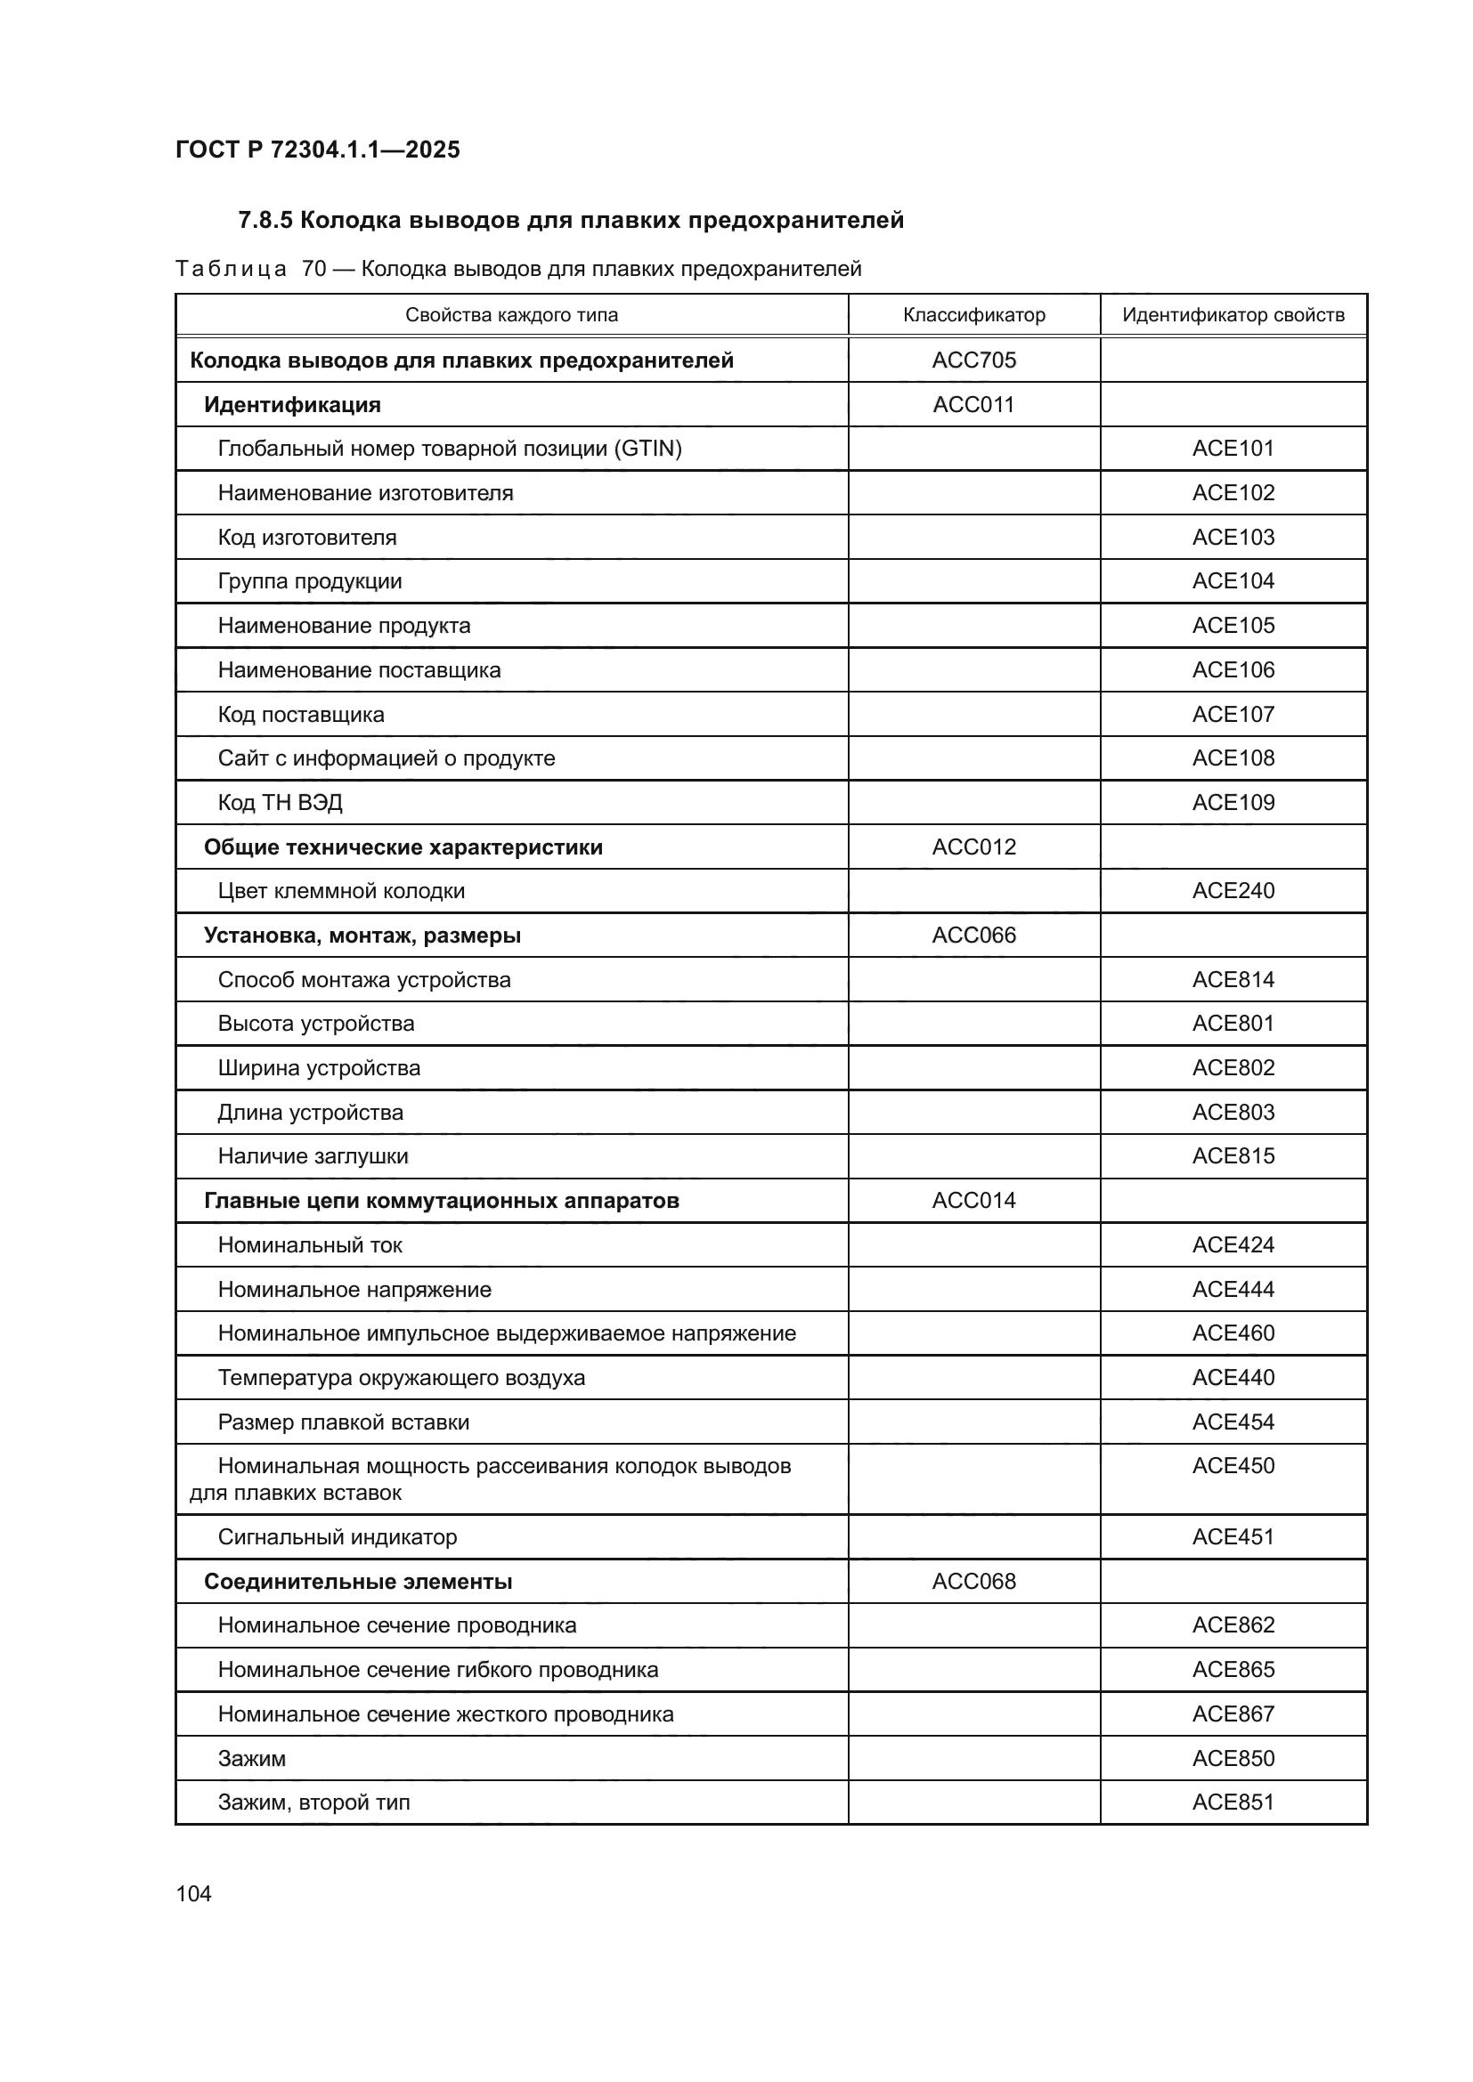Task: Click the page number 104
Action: [193, 1893]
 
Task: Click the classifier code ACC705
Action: [973, 360]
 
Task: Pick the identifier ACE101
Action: [1233, 448]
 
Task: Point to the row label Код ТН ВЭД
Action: [280, 803]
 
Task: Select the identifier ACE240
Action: [1233, 890]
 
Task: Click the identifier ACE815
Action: [1233, 1156]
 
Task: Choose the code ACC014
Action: [973, 1201]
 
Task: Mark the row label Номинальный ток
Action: [309, 1245]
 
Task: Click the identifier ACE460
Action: [1233, 1333]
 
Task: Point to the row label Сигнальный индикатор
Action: [338, 1537]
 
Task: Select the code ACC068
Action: [973, 1582]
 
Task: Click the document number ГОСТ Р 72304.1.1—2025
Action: [317, 150]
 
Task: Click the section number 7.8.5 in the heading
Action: [264, 221]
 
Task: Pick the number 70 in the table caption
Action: [313, 270]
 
